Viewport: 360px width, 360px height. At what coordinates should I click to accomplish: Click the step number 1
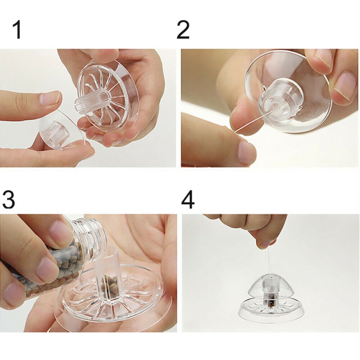pyautogui.click(x=17, y=30)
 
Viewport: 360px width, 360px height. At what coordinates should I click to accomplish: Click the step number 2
pyautogui.click(x=183, y=30)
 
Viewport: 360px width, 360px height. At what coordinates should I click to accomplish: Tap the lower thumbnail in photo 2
pyautogui.click(x=247, y=152)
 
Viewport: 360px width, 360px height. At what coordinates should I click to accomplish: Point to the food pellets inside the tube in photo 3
pyautogui.click(x=108, y=285)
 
